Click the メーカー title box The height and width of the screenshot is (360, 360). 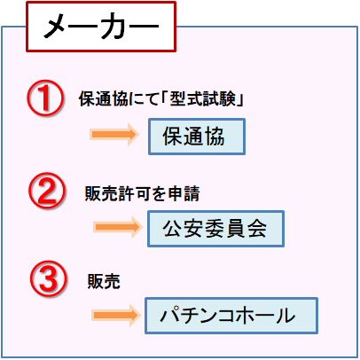[x=101, y=27]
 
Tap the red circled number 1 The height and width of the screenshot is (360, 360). [x=45, y=98]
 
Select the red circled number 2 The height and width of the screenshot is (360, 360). [x=47, y=191]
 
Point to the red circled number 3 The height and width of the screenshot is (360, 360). [x=49, y=278]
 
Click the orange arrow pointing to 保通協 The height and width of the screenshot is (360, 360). [x=114, y=135]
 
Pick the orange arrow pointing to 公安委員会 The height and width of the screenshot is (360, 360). [x=118, y=227]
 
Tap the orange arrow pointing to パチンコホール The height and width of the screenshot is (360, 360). [x=116, y=315]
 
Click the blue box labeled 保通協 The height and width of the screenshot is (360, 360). [x=197, y=137]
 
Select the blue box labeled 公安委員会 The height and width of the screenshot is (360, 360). [x=215, y=229]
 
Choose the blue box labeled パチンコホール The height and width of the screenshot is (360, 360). [x=231, y=316]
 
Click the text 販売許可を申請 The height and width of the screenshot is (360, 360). [x=143, y=194]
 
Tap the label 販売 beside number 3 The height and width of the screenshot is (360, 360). [x=104, y=281]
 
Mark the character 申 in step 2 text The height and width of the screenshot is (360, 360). [x=176, y=194]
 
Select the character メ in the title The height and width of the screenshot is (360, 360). [x=57, y=27]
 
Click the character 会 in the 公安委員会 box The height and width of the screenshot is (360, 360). [x=257, y=229]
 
